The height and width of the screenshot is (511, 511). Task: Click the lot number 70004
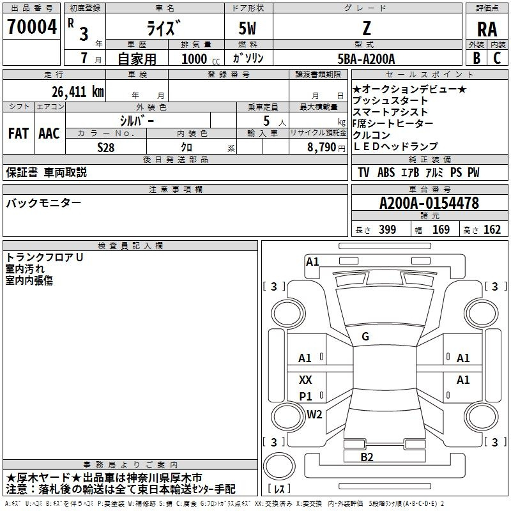[x=32, y=27]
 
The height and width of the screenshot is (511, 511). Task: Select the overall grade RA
[x=487, y=29]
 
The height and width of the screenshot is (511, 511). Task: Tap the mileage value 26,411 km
[x=78, y=92]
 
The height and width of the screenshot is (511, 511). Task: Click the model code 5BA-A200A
[x=366, y=59]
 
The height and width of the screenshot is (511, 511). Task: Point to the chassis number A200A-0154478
[x=429, y=203]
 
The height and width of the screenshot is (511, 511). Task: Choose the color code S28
[x=106, y=148]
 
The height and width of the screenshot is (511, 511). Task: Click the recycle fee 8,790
[x=322, y=148]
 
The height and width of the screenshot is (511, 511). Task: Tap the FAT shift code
[x=19, y=133]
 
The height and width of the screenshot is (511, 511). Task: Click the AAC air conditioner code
[x=49, y=133]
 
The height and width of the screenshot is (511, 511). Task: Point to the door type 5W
[x=247, y=28]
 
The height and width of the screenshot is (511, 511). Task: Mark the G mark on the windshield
[x=365, y=337]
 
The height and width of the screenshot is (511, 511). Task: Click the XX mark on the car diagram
[x=305, y=379]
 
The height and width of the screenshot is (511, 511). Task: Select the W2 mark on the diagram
[x=314, y=414]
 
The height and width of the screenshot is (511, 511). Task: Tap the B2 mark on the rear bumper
[x=367, y=457]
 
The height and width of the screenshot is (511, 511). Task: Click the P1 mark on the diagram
[x=305, y=396]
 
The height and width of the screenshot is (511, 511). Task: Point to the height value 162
[x=492, y=229]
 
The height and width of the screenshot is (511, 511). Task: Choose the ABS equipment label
[x=386, y=172]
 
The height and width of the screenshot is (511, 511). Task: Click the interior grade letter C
[x=497, y=58]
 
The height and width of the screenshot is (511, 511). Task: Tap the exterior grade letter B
[x=477, y=58]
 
